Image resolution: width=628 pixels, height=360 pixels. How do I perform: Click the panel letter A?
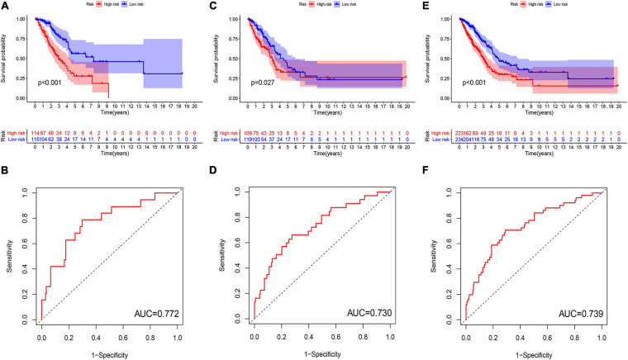(7, 7)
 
